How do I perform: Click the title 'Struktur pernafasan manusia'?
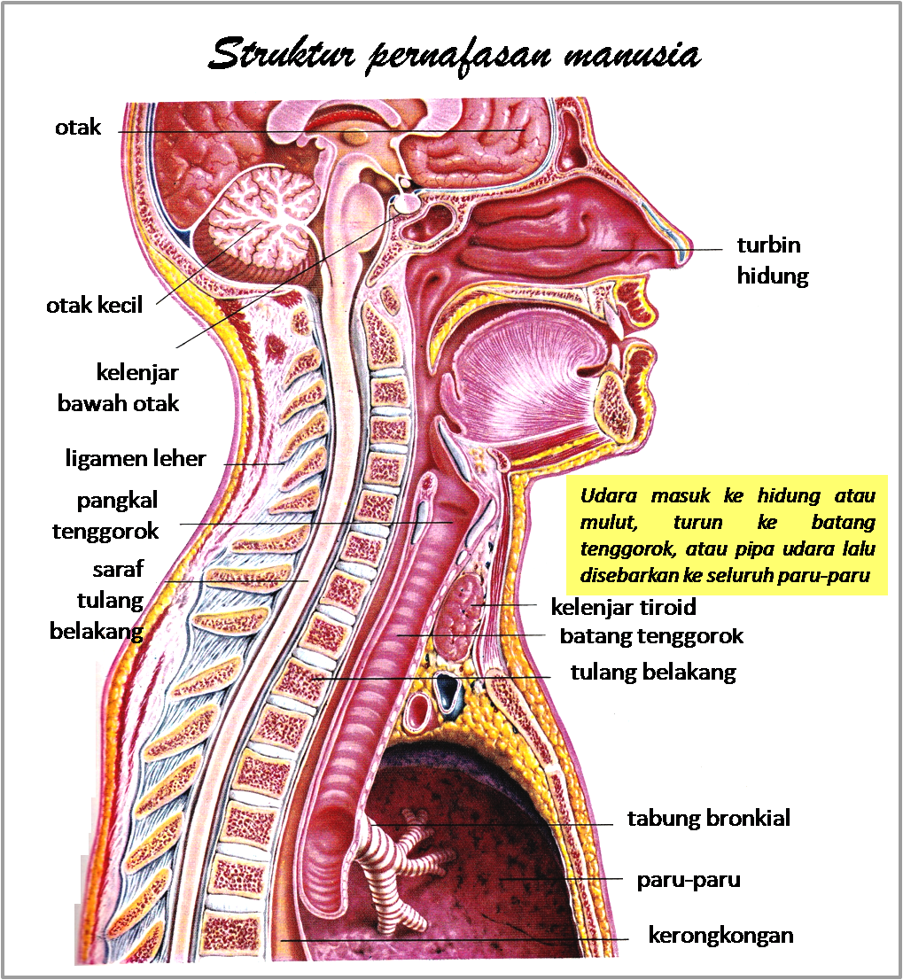[455, 54]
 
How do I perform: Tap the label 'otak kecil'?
[94, 305]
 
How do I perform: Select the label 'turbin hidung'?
[773, 260]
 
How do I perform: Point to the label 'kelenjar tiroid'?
[623, 607]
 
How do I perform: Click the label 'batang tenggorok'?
[651, 636]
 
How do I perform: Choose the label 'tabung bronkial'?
[709, 818]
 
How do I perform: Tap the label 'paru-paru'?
[689, 880]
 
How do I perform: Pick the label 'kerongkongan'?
[720, 936]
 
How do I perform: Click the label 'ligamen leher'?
[136, 459]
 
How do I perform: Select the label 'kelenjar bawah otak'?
[118, 388]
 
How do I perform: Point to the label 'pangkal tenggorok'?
[105, 517]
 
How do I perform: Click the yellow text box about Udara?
[727, 535]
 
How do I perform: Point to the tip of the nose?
[686, 253]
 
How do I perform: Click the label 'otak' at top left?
[78, 128]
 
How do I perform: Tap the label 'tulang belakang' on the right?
[653, 673]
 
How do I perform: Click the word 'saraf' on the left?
[118, 570]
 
